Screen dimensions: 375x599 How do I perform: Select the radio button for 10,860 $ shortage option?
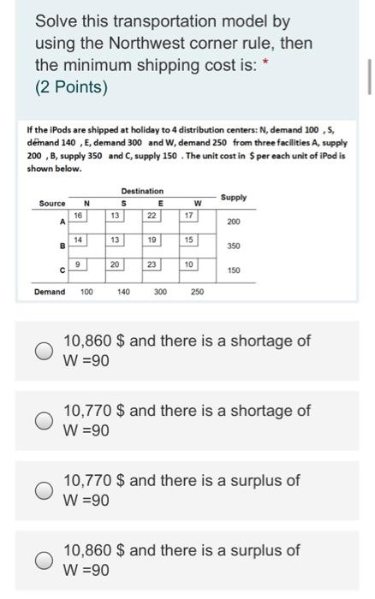click(42, 350)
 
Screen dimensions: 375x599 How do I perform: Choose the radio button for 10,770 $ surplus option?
click(42, 490)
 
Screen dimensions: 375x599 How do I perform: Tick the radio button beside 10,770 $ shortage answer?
click(42, 420)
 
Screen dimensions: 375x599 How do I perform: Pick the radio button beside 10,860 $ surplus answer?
click(42, 560)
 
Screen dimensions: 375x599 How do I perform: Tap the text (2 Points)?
click(71, 87)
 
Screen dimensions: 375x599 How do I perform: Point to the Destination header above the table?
click(142, 191)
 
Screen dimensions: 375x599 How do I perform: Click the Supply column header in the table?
click(233, 198)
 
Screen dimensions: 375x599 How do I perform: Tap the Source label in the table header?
click(51, 204)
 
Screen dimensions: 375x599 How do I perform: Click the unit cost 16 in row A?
click(78, 216)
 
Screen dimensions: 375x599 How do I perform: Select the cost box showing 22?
click(152, 216)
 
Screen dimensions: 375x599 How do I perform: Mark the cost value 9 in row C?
click(78, 264)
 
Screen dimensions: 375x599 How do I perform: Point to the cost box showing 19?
click(152, 240)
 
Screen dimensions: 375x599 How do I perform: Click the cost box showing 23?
click(152, 264)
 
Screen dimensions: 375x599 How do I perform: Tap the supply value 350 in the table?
click(233, 246)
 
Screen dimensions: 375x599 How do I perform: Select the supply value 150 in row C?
click(233, 270)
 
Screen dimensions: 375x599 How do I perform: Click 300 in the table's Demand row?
click(160, 292)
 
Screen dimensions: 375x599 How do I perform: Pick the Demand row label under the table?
click(50, 292)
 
